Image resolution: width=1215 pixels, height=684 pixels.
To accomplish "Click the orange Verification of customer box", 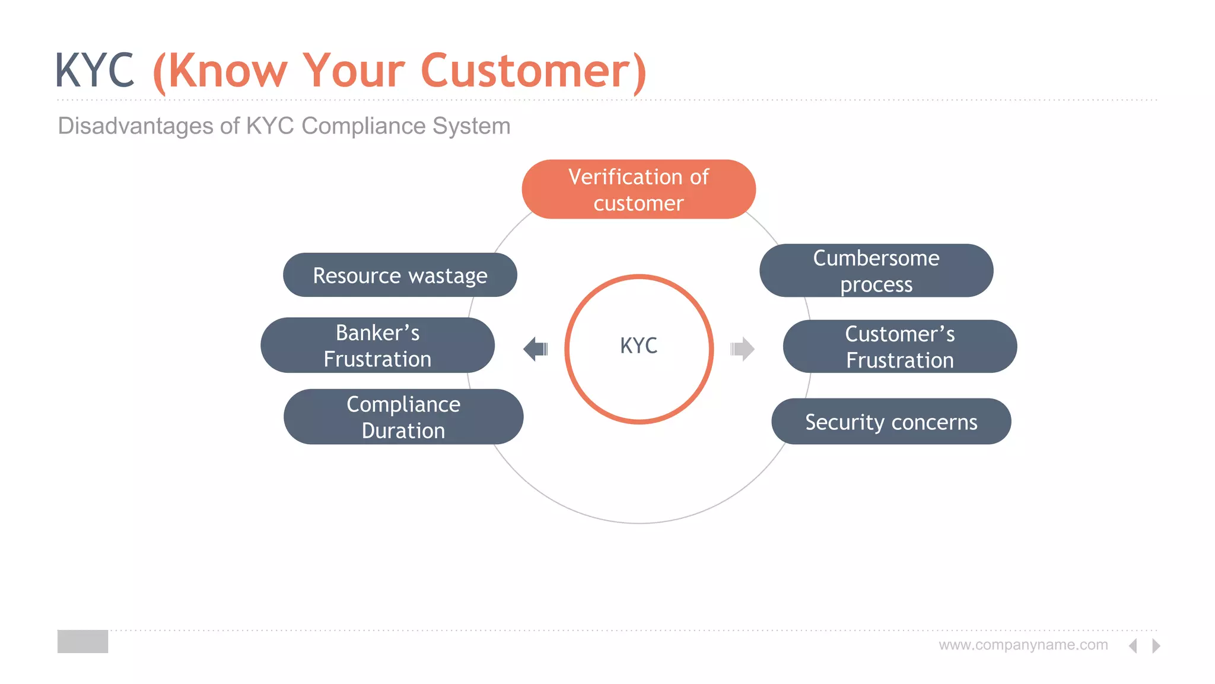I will click(x=638, y=189).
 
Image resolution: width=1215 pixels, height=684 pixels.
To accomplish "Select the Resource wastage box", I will click(x=400, y=275).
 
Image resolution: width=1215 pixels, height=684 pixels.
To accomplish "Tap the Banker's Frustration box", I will click(x=377, y=346).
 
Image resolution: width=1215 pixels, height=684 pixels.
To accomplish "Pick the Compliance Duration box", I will click(x=403, y=417).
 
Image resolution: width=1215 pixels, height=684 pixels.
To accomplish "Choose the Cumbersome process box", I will click(x=876, y=271).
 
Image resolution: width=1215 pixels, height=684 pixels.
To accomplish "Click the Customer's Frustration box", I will click(x=899, y=347).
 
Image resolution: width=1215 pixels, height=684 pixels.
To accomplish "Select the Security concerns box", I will click(x=891, y=422).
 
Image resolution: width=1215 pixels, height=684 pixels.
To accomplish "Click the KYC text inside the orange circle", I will click(x=638, y=346).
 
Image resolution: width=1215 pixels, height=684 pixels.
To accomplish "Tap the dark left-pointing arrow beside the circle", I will click(x=535, y=349).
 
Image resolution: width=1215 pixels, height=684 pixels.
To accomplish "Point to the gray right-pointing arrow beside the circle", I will click(x=743, y=349).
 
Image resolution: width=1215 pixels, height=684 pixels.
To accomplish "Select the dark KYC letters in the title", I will click(x=95, y=71).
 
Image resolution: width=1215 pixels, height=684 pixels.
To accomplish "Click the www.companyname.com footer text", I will click(x=1023, y=645).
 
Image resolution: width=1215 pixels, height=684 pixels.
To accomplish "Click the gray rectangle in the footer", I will click(x=82, y=641).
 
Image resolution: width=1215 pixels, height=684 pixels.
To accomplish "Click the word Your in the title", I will click(x=354, y=71).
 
